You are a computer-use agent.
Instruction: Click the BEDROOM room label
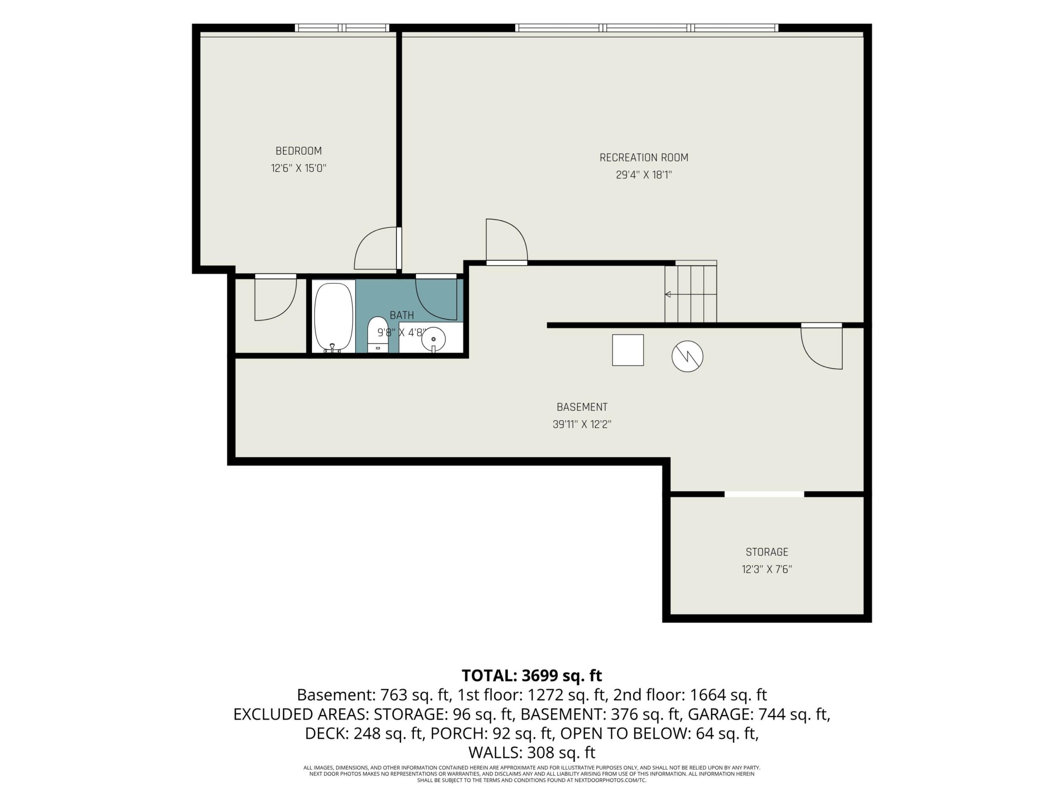click(x=298, y=151)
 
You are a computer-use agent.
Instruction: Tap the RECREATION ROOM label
click(x=643, y=158)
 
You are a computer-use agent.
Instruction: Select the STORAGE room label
click(x=767, y=552)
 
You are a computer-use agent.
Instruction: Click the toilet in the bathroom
click(x=377, y=334)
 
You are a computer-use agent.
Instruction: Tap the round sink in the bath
click(x=433, y=339)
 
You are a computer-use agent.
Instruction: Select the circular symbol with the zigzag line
click(x=687, y=357)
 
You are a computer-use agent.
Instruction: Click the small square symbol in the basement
click(x=628, y=350)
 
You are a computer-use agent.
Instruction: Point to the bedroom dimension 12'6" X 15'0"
click(x=298, y=168)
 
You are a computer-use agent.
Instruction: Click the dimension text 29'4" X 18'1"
click(x=643, y=175)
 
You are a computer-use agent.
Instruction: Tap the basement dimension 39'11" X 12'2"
click(x=581, y=425)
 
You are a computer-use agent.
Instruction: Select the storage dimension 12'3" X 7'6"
click(x=767, y=569)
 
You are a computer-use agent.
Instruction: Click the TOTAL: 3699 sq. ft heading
click(x=532, y=675)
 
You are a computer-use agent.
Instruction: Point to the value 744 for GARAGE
click(x=771, y=714)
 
